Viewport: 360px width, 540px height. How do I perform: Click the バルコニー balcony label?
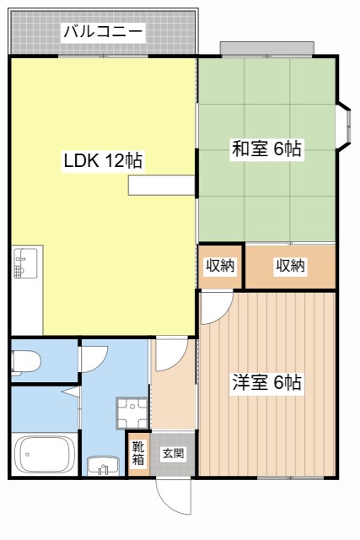click(103, 32)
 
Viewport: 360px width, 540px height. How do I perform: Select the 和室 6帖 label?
click(267, 148)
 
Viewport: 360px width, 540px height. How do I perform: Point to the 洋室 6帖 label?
click(267, 382)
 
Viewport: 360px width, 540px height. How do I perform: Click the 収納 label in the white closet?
click(221, 266)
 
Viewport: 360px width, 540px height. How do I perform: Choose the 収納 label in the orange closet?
click(290, 266)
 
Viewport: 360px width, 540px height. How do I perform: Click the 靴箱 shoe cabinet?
click(137, 454)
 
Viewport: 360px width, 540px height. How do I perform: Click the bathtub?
click(46, 456)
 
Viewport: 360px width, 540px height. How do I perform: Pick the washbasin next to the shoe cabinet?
click(104, 465)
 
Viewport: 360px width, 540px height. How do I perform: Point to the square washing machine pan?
click(132, 412)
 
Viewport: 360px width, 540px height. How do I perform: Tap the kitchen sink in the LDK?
click(25, 263)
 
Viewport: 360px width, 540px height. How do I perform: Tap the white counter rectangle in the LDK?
click(160, 186)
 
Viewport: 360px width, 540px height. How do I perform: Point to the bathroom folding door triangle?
click(72, 392)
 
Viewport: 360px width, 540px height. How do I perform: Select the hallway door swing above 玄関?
click(169, 354)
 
